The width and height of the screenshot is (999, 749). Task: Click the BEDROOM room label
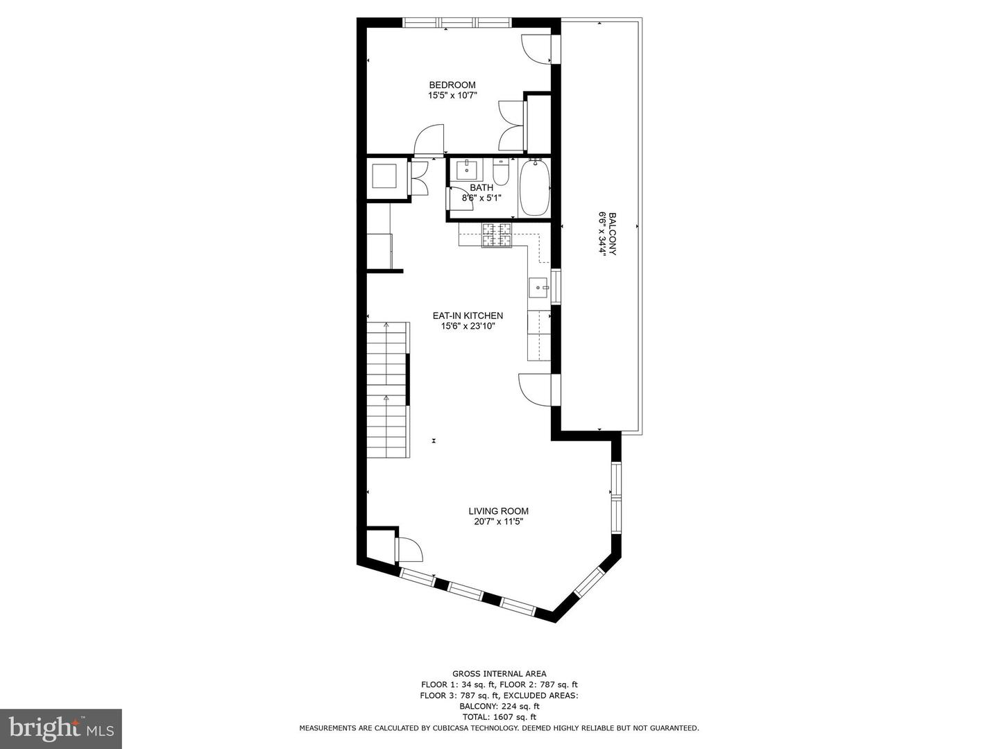[x=452, y=85]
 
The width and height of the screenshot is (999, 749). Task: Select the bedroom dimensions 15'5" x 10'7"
[x=452, y=96]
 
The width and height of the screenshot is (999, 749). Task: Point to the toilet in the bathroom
[x=501, y=172]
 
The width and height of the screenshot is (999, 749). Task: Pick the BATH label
[x=481, y=187]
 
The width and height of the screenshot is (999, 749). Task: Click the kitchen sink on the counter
[x=538, y=286]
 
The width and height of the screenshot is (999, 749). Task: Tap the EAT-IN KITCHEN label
[x=468, y=316]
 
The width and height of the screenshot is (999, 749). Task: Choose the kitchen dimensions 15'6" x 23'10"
[x=468, y=326]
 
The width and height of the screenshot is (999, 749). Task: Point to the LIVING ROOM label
[x=498, y=511]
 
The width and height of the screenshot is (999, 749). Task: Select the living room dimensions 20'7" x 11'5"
[x=498, y=522]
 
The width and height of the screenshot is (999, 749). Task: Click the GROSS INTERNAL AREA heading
[x=499, y=673]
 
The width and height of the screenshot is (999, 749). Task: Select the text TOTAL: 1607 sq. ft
[x=499, y=717]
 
